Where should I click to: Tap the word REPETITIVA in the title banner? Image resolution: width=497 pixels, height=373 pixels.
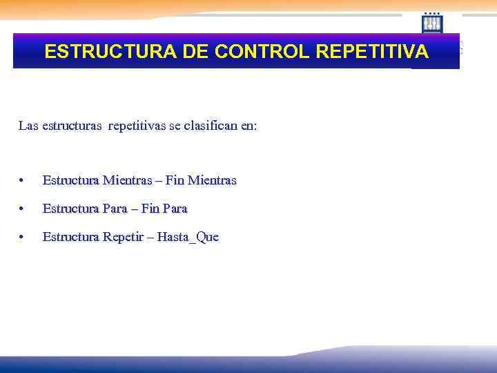pyautogui.click(x=382, y=52)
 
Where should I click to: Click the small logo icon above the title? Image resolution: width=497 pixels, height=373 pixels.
pyautogui.click(x=432, y=23)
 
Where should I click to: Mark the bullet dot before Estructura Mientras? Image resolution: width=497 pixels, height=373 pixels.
pyautogui.click(x=23, y=181)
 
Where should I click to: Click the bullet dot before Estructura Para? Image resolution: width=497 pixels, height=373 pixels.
pyautogui.click(x=23, y=209)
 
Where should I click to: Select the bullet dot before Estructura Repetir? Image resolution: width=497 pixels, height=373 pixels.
pyautogui.click(x=23, y=238)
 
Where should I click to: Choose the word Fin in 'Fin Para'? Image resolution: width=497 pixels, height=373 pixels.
pyautogui.click(x=150, y=208)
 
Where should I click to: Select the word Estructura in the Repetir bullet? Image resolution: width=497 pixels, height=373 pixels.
pyautogui.click(x=71, y=237)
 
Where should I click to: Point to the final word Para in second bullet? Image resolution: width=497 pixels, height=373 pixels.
pyautogui.click(x=175, y=208)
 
